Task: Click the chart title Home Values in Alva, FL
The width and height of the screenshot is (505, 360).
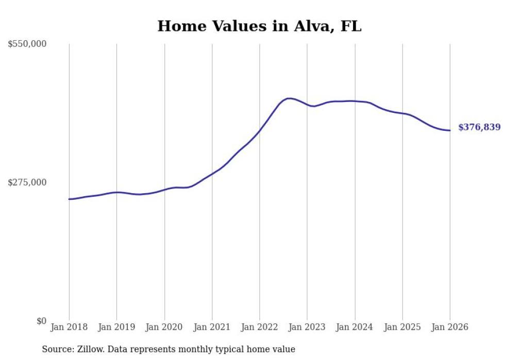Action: click(259, 26)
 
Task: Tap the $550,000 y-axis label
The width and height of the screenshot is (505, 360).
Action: click(27, 44)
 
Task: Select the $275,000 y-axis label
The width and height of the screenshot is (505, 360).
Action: click(27, 182)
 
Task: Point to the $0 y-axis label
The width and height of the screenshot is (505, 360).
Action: click(41, 321)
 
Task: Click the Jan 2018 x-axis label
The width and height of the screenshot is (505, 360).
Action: click(69, 327)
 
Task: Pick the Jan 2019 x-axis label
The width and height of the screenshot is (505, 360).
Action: click(116, 327)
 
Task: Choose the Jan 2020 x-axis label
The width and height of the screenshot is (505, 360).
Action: click(164, 327)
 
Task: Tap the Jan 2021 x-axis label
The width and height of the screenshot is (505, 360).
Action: click(212, 327)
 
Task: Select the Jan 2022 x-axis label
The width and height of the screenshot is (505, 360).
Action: click(260, 327)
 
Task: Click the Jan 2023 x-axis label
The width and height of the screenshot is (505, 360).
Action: click(307, 327)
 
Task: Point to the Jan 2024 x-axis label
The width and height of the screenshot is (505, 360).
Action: click(355, 327)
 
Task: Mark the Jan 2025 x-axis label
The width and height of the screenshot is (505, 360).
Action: click(402, 327)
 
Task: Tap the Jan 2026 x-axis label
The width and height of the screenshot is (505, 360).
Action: click(450, 327)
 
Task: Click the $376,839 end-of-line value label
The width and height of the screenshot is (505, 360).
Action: click(479, 127)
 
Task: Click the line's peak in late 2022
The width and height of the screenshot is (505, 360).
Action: click(290, 98)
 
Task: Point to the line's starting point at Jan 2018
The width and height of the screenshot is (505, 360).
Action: click(69, 199)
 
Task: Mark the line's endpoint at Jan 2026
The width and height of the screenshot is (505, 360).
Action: click(450, 130)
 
